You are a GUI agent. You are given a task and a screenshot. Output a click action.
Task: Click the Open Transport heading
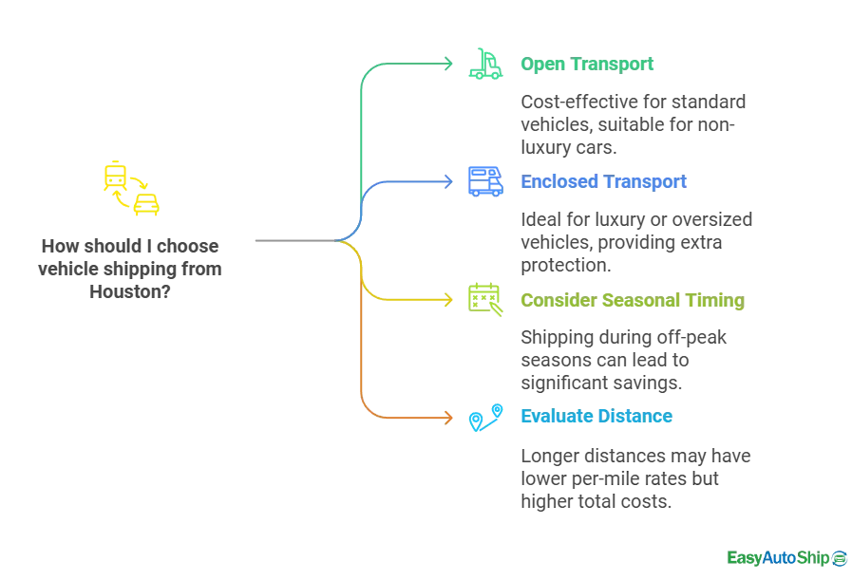(x=588, y=65)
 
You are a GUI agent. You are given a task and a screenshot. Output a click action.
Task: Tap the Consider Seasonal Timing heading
(x=631, y=302)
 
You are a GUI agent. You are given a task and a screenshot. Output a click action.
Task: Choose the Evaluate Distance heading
(x=596, y=416)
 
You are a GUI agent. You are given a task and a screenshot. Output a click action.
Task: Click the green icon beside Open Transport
(x=484, y=65)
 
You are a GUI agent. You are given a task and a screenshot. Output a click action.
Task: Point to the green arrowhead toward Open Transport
(x=450, y=63)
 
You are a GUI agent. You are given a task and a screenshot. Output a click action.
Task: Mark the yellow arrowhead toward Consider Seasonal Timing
(x=450, y=300)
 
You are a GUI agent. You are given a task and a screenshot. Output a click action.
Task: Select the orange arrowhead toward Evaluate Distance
(x=450, y=416)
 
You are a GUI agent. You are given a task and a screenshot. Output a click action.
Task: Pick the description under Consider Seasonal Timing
(x=622, y=361)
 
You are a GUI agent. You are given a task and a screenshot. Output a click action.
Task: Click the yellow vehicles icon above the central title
(x=130, y=189)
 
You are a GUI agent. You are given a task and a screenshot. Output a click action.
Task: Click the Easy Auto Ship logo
(x=786, y=557)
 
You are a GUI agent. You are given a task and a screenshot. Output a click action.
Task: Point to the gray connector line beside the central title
(x=294, y=239)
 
